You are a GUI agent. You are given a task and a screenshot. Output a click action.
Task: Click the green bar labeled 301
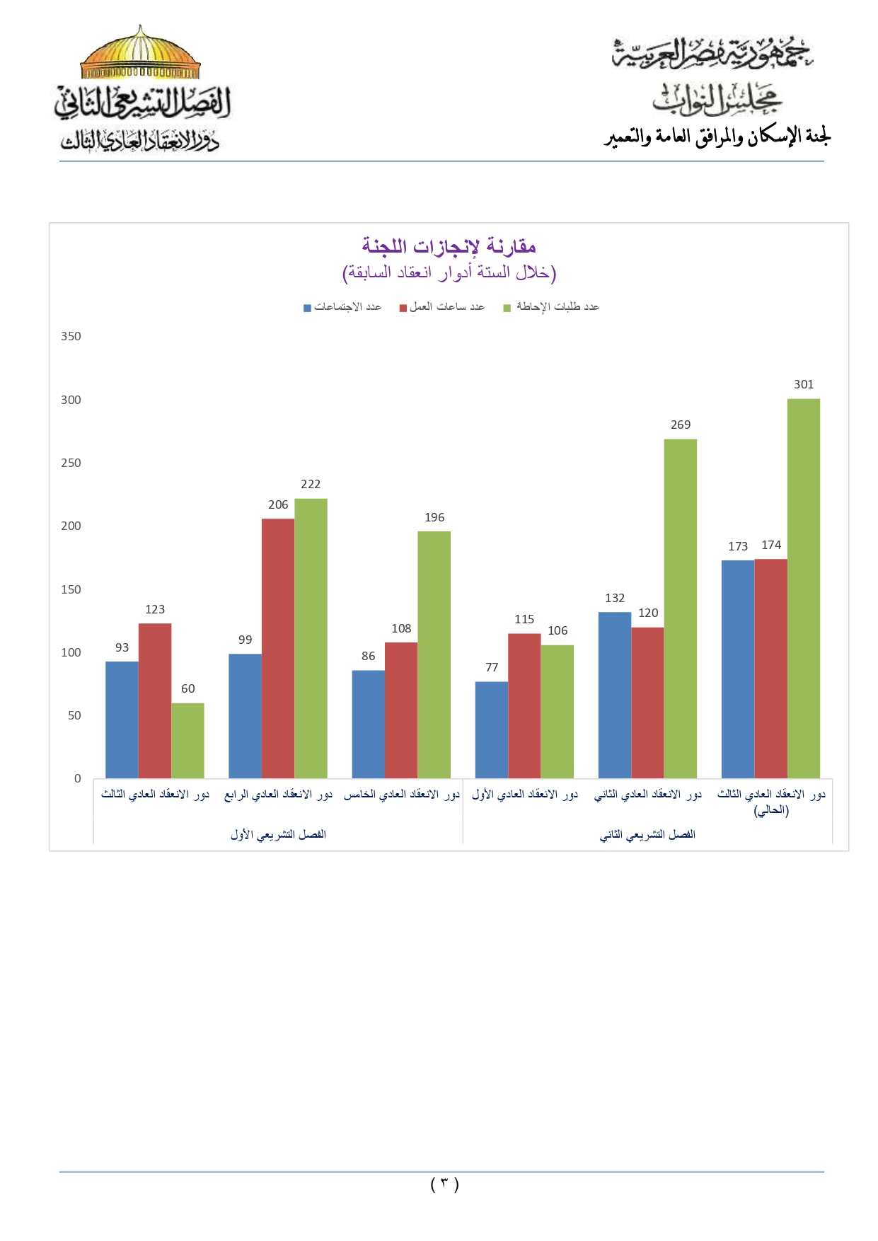(803, 589)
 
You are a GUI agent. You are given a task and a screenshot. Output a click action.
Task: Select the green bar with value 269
(680, 608)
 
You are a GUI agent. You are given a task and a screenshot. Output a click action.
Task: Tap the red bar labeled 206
(277, 648)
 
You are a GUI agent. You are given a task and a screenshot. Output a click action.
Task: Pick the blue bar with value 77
(491, 729)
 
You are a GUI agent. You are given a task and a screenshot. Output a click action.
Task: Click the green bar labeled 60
(187, 740)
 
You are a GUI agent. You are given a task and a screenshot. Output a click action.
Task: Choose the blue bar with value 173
(737, 669)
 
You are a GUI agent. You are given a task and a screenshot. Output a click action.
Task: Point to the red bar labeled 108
(401, 710)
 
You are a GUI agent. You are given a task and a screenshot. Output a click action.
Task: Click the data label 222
(311, 485)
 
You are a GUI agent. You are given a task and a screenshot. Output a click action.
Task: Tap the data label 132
(615, 599)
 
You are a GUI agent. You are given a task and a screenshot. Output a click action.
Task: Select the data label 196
(434, 518)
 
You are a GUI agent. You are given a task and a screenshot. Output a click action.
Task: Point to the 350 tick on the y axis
(71, 337)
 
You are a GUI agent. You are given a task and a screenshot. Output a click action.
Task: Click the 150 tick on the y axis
(71, 589)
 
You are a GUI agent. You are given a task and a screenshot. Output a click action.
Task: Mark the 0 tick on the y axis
(77, 779)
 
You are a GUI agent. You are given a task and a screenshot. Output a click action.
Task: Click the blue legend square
(307, 308)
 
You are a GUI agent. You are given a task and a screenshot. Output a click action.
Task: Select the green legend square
(507, 308)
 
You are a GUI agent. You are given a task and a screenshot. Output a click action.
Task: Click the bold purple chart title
(449, 247)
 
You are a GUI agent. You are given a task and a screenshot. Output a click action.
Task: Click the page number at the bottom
(444, 1184)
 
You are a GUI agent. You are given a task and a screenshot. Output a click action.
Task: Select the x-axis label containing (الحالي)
(771, 802)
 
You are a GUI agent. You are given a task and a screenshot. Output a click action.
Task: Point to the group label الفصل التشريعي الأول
(278, 835)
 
